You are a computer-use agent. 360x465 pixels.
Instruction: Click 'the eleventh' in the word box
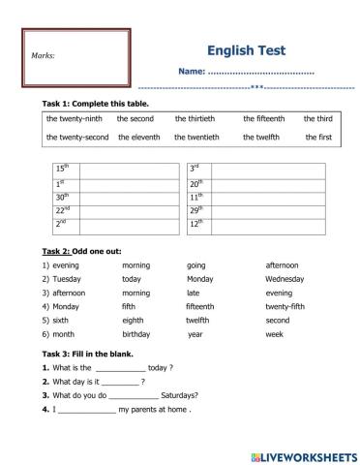click(x=139, y=138)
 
